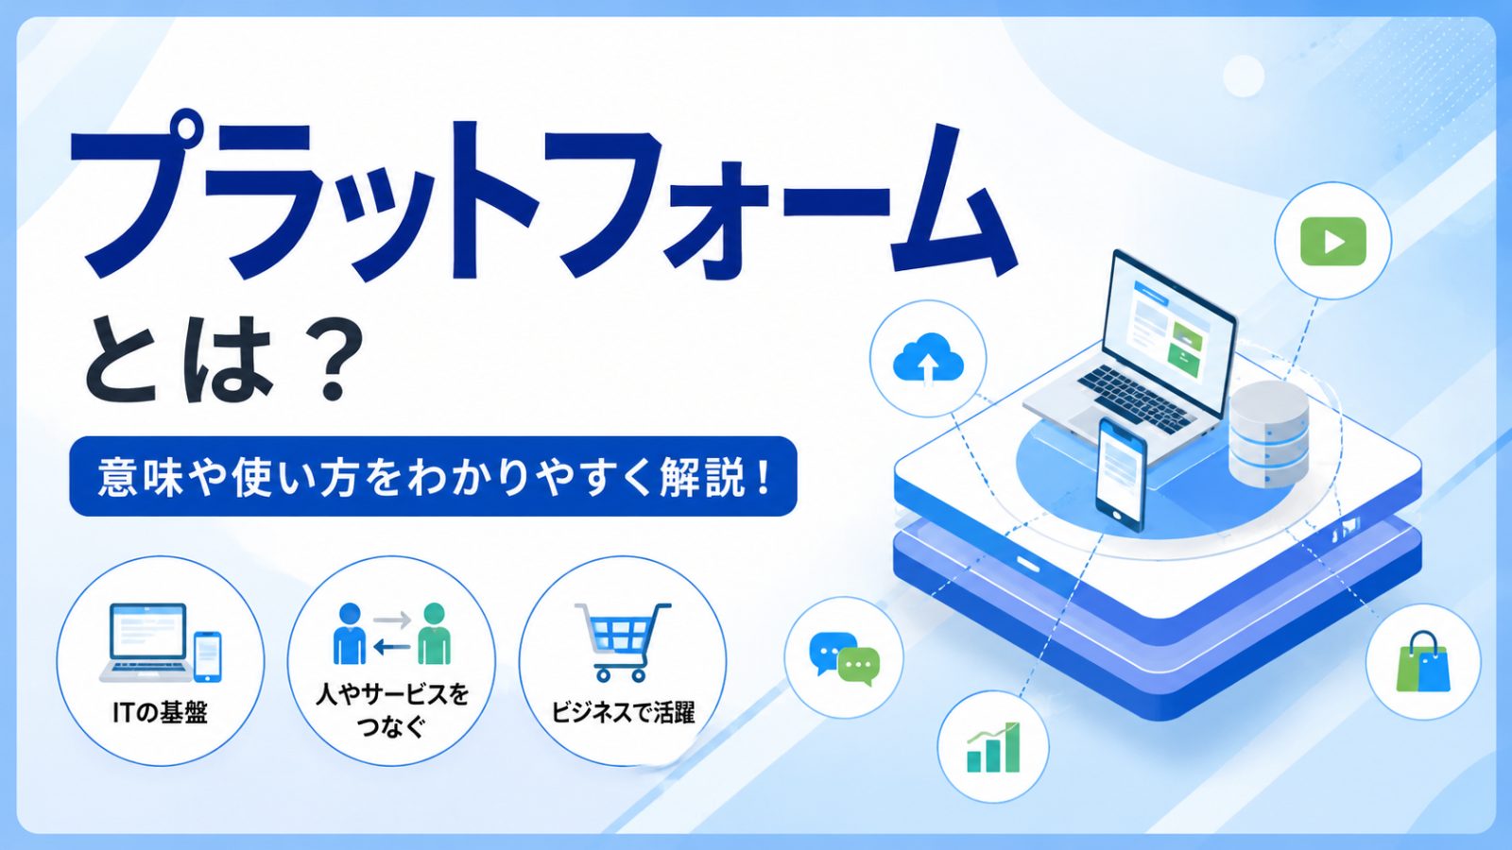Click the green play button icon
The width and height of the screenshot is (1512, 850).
tap(1333, 242)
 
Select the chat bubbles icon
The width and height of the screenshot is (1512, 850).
tap(845, 658)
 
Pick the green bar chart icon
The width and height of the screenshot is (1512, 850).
tap(993, 747)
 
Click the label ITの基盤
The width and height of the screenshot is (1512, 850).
tap(160, 712)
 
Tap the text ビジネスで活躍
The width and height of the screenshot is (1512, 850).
tap(623, 712)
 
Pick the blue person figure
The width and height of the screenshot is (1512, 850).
tap(350, 634)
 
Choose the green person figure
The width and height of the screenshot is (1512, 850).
tap(434, 634)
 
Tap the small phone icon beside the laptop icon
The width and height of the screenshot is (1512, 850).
tap(208, 656)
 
